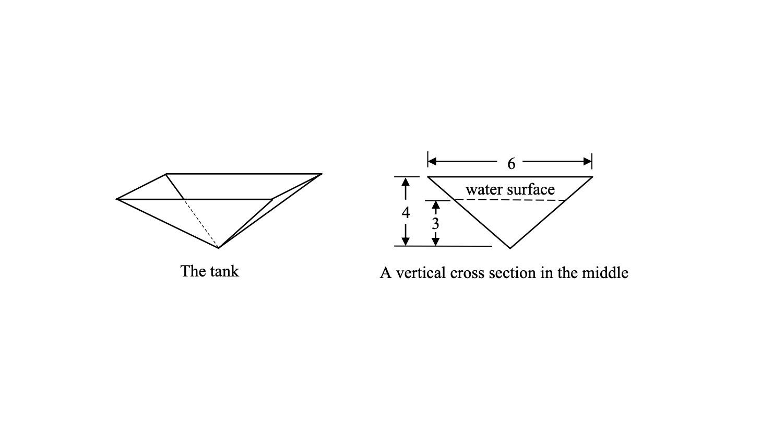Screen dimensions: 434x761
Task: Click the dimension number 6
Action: (x=511, y=164)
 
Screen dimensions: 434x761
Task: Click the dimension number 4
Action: (x=406, y=213)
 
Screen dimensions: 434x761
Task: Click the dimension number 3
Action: (x=435, y=224)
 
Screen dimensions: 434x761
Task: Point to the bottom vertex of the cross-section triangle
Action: (x=510, y=248)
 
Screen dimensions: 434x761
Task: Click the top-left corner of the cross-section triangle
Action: (x=429, y=177)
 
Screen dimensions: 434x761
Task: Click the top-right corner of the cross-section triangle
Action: (x=592, y=177)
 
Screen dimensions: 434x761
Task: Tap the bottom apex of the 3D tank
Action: (x=219, y=248)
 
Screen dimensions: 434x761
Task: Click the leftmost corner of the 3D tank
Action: (x=117, y=199)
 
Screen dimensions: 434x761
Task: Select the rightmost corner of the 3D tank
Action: (x=322, y=174)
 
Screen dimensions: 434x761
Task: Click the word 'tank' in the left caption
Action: (x=225, y=271)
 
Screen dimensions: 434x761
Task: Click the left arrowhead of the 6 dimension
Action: (x=432, y=162)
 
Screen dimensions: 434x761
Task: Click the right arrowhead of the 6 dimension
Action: (x=588, y=162)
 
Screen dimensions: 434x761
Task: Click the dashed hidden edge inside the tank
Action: (x=201, y=223)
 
